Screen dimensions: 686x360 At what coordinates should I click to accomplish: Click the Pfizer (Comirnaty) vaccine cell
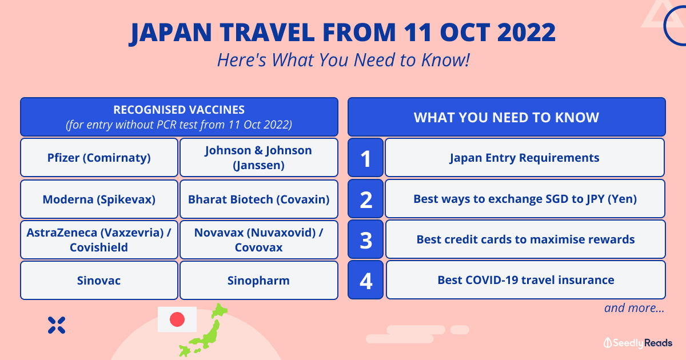(99, 157)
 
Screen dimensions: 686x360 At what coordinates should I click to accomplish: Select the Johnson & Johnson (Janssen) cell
(259, 157)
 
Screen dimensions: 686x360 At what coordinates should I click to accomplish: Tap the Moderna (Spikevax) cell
(99, 199)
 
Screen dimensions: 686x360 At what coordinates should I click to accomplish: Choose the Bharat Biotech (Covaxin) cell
(259, 199)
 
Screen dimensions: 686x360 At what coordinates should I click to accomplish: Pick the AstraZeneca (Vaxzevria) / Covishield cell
(99, 239)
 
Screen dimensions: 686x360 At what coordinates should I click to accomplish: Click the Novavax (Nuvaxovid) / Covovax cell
(259, 239)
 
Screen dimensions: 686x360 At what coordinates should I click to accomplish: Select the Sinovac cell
(99, 280)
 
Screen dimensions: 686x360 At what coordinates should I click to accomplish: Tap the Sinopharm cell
(259, 280)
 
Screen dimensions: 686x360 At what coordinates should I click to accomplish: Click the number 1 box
(366, 157)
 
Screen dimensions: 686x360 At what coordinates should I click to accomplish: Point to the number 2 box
(366, 199)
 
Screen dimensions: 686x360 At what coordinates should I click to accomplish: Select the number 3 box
(366, 239)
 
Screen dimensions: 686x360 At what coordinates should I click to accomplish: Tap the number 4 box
(366, 280)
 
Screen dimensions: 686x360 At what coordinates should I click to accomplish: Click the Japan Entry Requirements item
(525, 157)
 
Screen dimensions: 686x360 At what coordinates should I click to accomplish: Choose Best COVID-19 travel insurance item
(525, 280)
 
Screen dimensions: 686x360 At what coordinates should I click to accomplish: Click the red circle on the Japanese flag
(177, 319)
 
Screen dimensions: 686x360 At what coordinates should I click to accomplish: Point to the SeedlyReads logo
(638, 343)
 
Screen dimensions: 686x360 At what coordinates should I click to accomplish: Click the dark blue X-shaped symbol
(57, 325)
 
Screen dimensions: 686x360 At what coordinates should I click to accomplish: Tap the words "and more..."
(634, 308)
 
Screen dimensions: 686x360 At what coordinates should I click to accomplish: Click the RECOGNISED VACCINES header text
(179, 110)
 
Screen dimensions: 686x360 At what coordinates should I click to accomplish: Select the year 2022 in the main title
(526, 32)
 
